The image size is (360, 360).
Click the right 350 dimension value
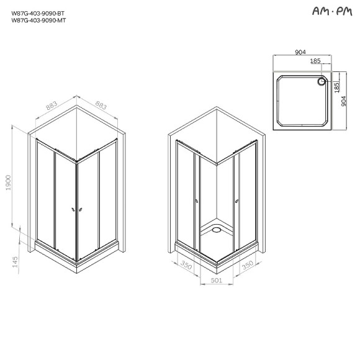click(x=246, y=266)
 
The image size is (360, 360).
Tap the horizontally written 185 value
click(x=315, y=61)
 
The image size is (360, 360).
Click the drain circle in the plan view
click(x=322, y=81)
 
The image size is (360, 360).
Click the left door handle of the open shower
click(x=196, y=200)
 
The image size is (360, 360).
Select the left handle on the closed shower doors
click(x=73, y=210)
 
